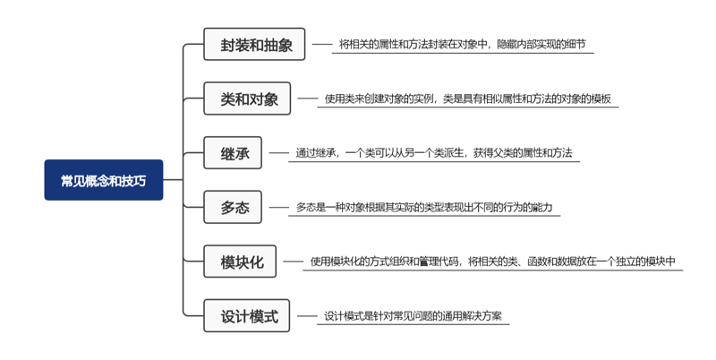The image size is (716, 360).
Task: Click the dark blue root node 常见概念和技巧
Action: click(x=104, y=180)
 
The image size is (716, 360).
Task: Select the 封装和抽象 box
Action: click(x=254, y=44)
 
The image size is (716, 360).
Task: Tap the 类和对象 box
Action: click(x=247, y=99)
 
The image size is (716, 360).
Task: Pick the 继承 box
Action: click(x=233, y=152)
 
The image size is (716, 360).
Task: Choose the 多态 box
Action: click(x=233, y=207)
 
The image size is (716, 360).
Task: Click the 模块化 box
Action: click(x=240, y=261)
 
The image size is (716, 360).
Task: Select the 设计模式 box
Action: click(x=247, y=316)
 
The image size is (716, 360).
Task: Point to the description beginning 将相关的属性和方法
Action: click(x=462, y=44)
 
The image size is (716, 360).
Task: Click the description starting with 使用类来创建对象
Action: click(x=467, y=99)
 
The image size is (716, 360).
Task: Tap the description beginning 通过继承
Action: click(x=434, y=152)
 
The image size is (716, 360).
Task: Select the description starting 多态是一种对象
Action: click(x=424, y=207)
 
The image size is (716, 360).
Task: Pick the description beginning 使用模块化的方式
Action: click(x=493, y=261)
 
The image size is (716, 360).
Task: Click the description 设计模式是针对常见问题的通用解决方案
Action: click(x=413, y=316)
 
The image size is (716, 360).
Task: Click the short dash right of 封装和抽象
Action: click(x=322, y=44)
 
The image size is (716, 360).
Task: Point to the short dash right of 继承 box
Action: click(x=278, y=152)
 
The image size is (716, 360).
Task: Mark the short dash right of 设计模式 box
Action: click(x=307, y=316)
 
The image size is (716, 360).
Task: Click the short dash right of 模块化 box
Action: click(x=294, y=261)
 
